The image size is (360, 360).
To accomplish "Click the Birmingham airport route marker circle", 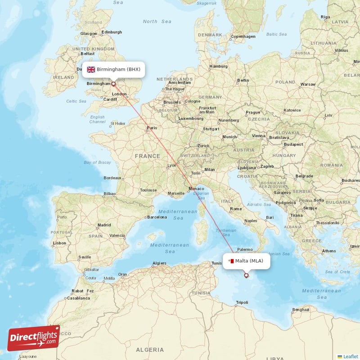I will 113,84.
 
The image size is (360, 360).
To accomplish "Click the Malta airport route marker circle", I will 246,275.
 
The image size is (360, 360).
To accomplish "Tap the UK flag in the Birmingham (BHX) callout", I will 91,69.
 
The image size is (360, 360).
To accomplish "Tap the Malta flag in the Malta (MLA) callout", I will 231,261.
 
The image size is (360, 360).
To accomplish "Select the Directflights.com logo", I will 34,338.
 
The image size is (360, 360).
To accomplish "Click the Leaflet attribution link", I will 349,356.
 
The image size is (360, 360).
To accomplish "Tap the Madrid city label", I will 104,225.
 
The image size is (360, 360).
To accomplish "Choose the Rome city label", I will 236,209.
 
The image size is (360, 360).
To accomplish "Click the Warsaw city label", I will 308,84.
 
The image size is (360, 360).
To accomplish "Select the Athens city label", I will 329,251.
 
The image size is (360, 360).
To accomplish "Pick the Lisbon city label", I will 59,243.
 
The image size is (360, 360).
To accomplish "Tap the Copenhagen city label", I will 243,36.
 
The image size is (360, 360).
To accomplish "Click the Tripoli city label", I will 242,302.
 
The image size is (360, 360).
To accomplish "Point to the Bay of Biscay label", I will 97,162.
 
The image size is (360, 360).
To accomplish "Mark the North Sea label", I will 150,21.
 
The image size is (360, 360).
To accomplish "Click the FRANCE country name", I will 148,156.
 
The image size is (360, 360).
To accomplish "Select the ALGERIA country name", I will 150,350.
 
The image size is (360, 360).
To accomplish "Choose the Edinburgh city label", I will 112,32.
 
